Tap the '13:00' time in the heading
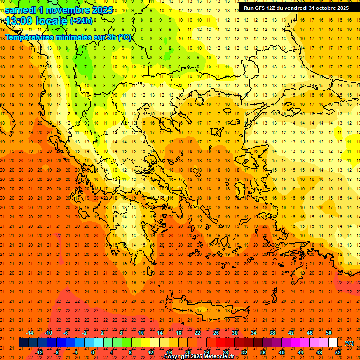click(x=19, y=21)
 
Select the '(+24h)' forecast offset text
click(x=81, y=21)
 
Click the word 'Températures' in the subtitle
click(x=29, y=37)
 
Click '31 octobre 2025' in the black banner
click(x=328, y=8)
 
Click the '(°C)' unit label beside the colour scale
click(x=349, y=343)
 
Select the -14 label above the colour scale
click(x=30, y=333)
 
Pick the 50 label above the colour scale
click(x=329, y=333)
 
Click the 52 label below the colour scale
click(x=338, y=352)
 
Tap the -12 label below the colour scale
click(x=39, y=352)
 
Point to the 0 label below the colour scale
click(x=93, y=352)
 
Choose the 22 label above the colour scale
click(x=197, y=333)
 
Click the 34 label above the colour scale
click(x=254, y=333)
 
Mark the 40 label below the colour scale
click(x=282, y=352)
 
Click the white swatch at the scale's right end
click(x=333, y=343)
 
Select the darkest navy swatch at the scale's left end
click(x=23, y=343)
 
